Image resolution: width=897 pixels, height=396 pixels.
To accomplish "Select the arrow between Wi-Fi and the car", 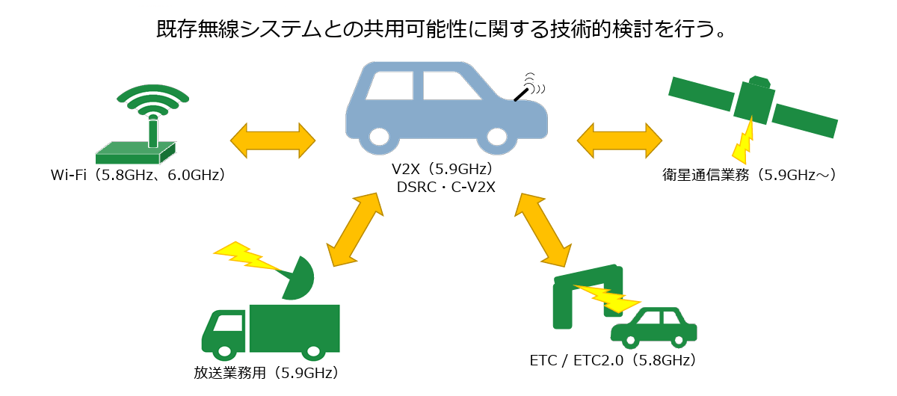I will pyautogui.click(x=273, y=140).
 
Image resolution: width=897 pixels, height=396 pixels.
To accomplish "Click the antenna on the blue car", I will pyautogui.click(x=523, y=91).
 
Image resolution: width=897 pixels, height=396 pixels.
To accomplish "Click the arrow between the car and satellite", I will pyautogui.click(x=620, y=140).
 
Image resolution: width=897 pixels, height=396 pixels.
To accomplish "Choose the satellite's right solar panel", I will pyautogui.click(x=804, y=120).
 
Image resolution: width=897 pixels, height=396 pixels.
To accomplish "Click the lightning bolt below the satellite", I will pyautogui.click(x=743, y=142).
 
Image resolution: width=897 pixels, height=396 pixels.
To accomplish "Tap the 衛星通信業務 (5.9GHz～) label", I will pyautogui.click(x=749, y=175).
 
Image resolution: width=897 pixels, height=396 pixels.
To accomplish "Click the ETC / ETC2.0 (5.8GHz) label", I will pyautogui.click(x=612, y=360).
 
